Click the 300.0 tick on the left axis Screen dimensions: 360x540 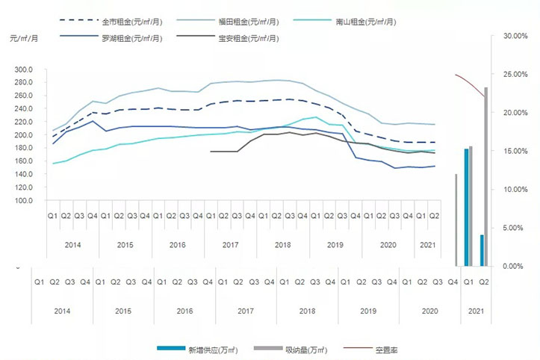[x=24, y=69]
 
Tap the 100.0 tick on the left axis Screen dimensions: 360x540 [x=24, y=201]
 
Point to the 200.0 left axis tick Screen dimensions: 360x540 [x=24, y=135]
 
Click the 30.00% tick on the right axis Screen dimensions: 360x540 [x=516, y=35]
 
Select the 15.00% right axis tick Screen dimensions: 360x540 [x=516, y=151]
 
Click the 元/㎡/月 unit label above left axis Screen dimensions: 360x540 [x=23, y=35]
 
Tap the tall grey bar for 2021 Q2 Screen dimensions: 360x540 [x=486, y=176]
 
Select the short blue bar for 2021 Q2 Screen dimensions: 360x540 [x=482, y=250]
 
